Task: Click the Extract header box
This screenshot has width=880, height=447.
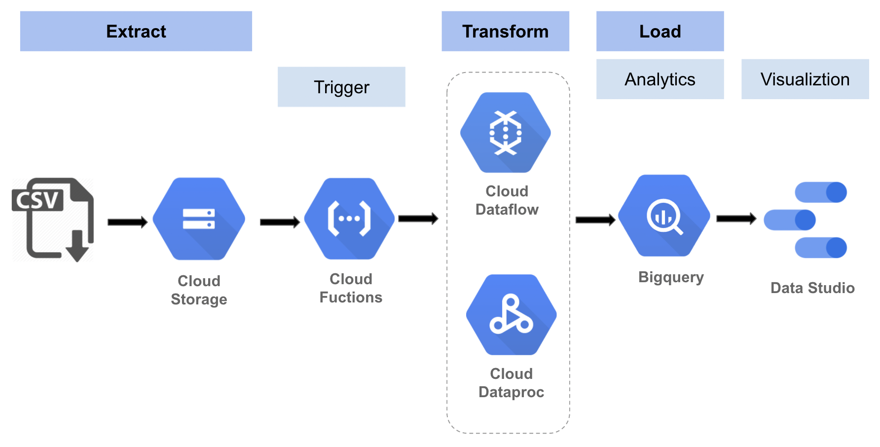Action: (x=136, y=31)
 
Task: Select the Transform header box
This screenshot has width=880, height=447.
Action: (x=505, y=31)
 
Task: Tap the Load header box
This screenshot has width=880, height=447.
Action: (x=660, y=31)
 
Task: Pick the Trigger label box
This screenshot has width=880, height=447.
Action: (x=341, y=87)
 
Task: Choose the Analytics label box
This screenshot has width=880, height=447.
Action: (x=660, y=79)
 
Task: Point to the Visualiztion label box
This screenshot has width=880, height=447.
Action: (x=805, y=79)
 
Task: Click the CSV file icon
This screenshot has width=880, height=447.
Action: (x=53, y=220)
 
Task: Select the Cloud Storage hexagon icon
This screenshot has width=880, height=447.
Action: (x=199, y=219)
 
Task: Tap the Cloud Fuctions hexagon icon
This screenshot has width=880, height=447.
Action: (x=350, y=219)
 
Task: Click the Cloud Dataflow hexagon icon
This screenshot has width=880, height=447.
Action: (x=506, y=132)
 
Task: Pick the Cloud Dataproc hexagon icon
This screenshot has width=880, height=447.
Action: (x=512, y=315)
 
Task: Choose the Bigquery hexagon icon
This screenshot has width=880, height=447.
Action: (x=664, y=216)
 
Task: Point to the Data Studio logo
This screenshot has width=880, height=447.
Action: (x=806, y=220)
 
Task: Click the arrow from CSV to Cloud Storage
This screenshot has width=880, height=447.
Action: (x=128, y=222)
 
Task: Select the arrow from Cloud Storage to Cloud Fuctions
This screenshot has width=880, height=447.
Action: (x=280, y=222)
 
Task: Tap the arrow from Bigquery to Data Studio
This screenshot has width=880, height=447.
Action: (x=736, y=219)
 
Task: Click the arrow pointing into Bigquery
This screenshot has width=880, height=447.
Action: (x=595, y=220)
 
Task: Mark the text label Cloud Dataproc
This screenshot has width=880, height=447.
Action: (x=512, y=383)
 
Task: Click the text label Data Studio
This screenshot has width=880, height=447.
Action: (x=812, y=288)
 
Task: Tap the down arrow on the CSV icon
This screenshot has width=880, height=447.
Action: (x=77, y=246)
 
